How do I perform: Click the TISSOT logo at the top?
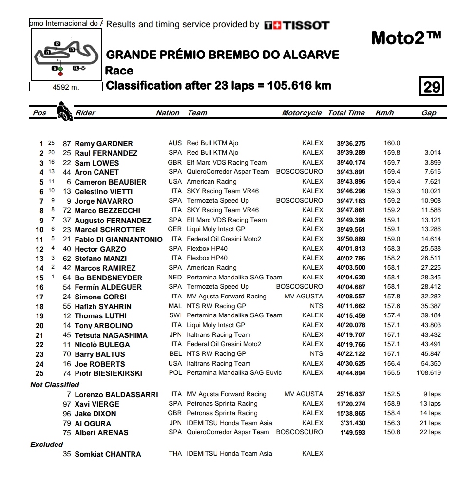[297, 25]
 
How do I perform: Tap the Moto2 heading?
[406, 37]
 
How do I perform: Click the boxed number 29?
[432, 87]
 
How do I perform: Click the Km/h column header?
[384, 113]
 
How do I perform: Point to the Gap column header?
[429, 113]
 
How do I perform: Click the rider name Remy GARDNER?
[104, 144]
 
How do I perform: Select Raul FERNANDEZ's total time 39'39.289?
[351, 153]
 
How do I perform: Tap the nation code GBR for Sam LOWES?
[175, 163]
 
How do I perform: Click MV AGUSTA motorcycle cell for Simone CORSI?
[304, 296]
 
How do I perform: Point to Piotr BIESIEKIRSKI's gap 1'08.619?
[429, 373]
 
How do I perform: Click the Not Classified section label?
[55, 385]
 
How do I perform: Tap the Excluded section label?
[47, 445]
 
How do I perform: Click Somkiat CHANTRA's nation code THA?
[175, 454]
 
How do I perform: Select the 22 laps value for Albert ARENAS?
[431, 432]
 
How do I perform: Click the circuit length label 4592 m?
[66, 87]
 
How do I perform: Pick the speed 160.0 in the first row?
[392, 143]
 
